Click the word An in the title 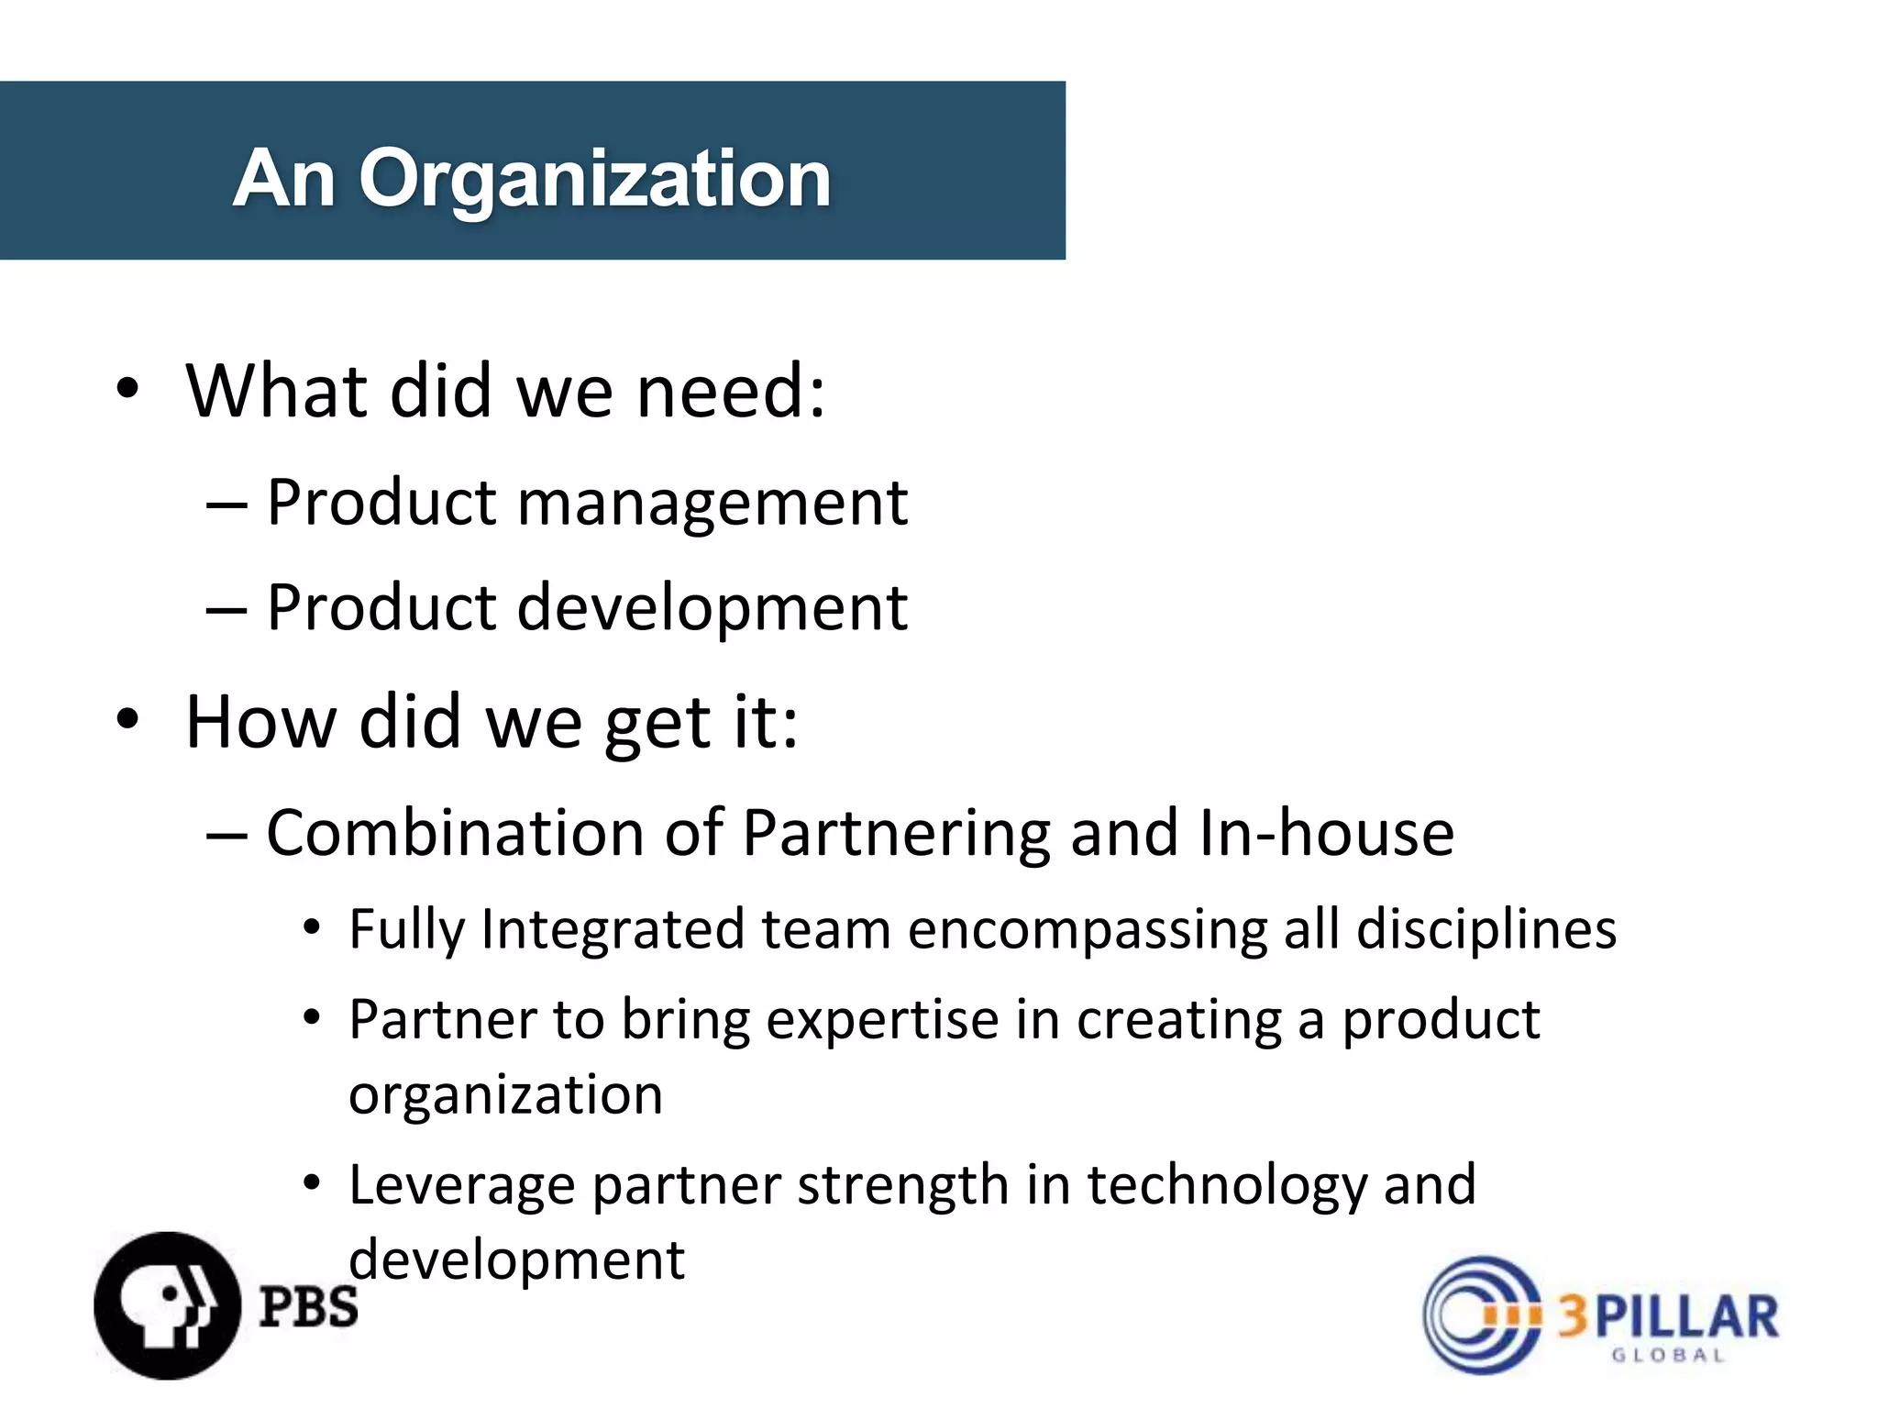click(x=283, y=179)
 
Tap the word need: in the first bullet click(x=731, y=392)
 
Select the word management click(x=713, y=505)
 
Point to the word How click(x=260, y=722)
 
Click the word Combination click(x=456, y=834)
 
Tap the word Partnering click(x=897, y=834)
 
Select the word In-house click(x=1326, y=834)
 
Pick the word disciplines click(x=1486, y=930)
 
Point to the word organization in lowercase click(x=505, y=1094)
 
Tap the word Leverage click(x=462, y=1185)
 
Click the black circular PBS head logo click(x=166, y=1305)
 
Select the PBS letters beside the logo click(x=308, y=1306)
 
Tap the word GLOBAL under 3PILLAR click(x=1668, y=1355)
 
